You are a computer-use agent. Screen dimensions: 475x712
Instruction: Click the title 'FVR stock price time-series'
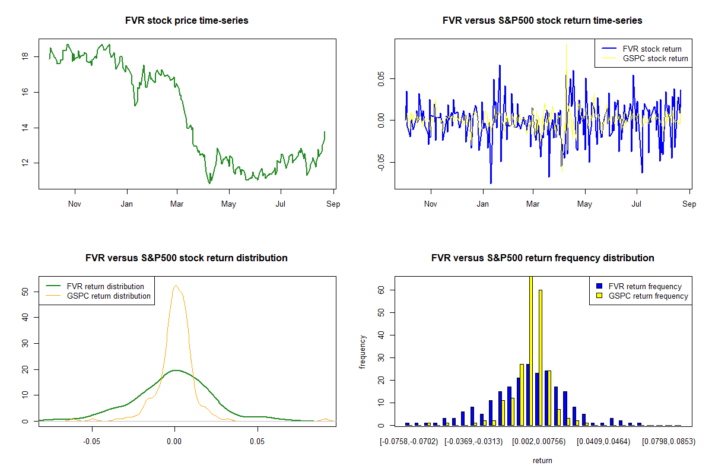coord(187,21)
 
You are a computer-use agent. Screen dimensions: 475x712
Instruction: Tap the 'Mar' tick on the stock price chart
coord(177,204)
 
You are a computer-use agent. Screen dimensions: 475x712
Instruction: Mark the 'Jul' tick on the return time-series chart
coord(637,204)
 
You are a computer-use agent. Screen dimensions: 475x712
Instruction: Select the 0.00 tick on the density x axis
coord(174,442)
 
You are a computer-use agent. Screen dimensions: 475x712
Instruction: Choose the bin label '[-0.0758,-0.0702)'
coord(409,442)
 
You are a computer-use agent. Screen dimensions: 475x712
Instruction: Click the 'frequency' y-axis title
coord(363,351)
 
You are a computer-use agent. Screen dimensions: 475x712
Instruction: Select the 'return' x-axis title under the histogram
coord(542,460)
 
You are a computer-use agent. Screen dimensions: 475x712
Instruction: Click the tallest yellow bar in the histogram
coord(530,350)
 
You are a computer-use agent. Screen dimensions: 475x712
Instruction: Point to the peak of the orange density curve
coord(176,286)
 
